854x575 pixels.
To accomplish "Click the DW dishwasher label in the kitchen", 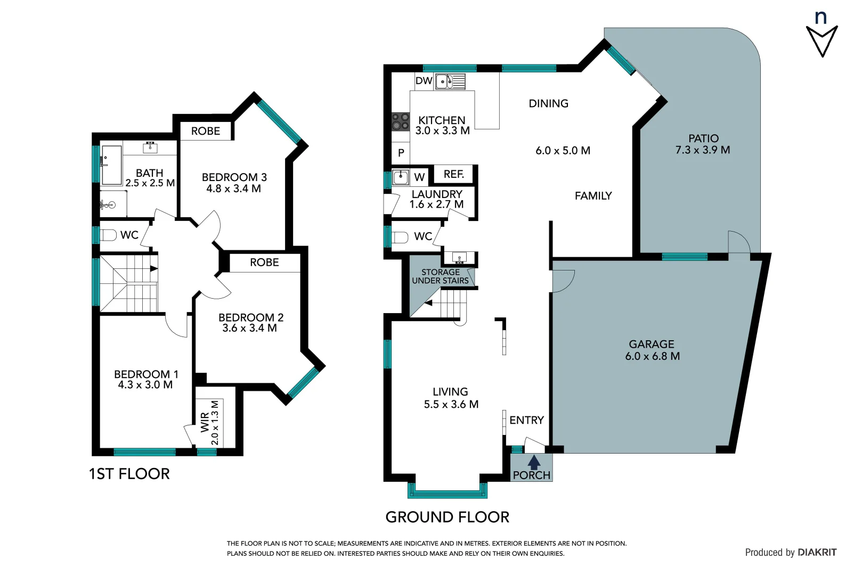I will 424,81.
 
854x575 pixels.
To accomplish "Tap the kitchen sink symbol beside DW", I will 450,81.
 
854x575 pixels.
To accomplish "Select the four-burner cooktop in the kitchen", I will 401,122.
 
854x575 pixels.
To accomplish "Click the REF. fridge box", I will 454,174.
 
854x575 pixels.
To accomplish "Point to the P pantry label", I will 401,153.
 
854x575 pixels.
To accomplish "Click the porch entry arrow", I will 534,462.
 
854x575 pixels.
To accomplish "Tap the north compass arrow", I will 822,40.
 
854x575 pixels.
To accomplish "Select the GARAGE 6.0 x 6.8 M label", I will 652,350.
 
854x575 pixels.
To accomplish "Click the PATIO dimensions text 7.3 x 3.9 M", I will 702,151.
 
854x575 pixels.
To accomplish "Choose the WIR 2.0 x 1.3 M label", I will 210,423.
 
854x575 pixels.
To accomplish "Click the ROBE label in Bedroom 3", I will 206,131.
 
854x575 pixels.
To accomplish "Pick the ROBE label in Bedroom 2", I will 264,262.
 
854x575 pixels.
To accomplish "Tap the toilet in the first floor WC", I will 109,235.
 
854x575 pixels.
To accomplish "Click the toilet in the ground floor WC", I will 400,236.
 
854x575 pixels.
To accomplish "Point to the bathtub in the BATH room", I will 111,165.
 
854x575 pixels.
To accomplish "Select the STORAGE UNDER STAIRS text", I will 440,276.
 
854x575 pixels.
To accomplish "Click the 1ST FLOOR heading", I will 129,474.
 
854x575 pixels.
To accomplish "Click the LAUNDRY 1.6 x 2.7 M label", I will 436,199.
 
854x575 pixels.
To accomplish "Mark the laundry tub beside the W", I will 401,177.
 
